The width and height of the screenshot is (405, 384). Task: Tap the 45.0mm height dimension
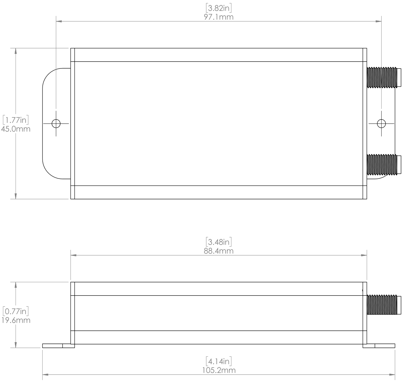pos(15,128)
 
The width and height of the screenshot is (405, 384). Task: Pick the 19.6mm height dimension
pos(15,320)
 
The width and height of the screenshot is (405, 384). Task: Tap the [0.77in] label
pos(15,312)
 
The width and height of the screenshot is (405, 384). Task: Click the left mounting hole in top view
pos(56,124)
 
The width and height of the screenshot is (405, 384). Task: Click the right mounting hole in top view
pos(381,124)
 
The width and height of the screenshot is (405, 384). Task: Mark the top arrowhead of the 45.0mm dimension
pos(16,51)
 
